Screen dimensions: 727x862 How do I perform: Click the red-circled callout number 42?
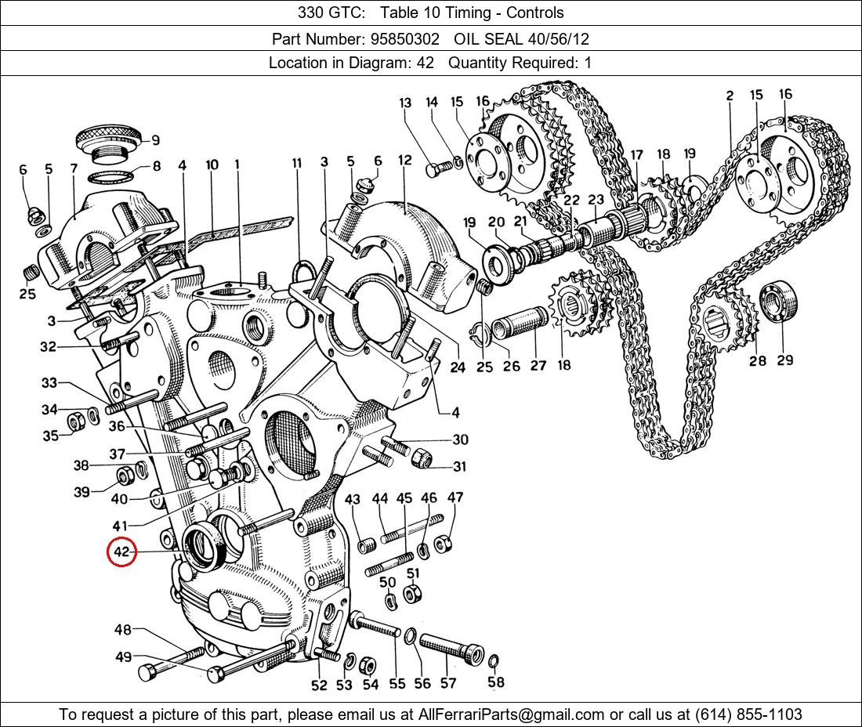121,552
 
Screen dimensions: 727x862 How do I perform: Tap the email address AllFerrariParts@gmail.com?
512,714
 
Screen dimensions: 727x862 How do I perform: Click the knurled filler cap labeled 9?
110,139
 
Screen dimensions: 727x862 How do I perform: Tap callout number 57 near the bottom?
447,683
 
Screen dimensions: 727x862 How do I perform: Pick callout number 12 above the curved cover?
404,161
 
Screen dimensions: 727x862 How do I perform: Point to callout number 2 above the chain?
730,96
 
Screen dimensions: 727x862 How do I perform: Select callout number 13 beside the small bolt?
405,103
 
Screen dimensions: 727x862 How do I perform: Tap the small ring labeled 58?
493,663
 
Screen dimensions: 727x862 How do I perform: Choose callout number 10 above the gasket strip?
212,165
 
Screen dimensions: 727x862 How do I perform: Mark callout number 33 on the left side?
49,383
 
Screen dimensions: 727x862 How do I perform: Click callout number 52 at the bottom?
319,685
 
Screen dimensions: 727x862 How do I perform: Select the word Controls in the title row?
535,13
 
